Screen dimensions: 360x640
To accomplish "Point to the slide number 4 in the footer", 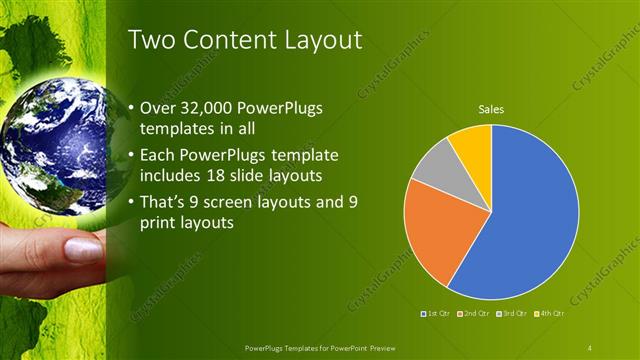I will point(590,347).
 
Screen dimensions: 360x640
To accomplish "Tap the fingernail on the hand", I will point(84,251).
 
